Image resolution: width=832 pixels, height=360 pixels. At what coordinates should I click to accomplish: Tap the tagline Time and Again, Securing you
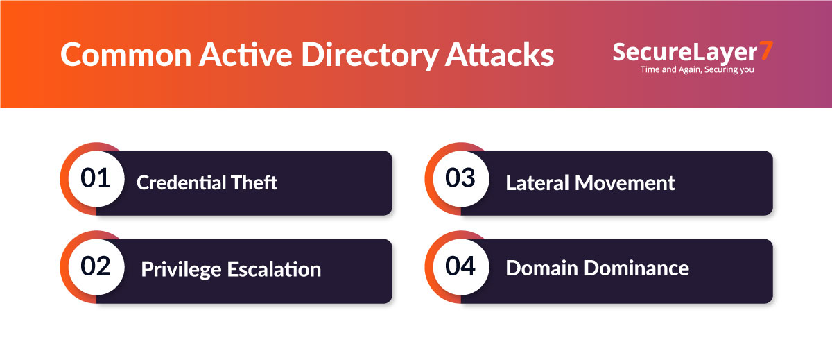pos(697,69)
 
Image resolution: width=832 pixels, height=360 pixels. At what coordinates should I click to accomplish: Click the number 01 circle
pos(95,178)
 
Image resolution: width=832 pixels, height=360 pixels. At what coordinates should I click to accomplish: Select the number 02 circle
pos(95,266)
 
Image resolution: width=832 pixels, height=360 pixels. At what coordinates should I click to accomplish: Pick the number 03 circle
pos(460,178)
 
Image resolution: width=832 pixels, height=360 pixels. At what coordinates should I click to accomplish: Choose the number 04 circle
pos(460,266)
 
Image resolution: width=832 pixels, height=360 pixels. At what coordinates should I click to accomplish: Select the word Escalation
pos(273,269)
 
